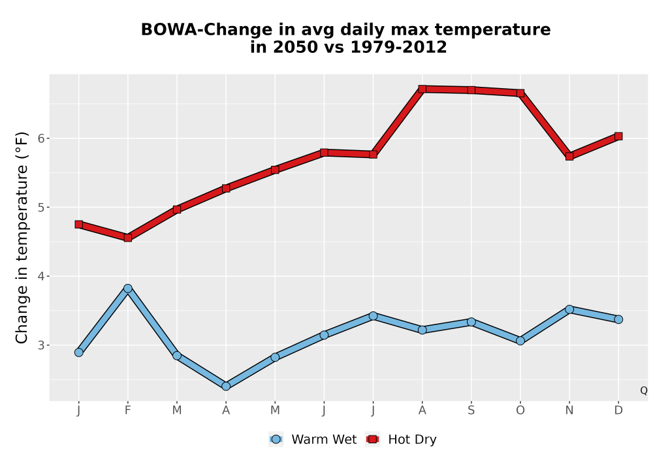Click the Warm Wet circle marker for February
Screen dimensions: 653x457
(128, 289)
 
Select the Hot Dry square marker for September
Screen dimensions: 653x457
(471, 90)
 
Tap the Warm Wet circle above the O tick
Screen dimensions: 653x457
(520, 341)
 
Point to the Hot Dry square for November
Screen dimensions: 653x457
(569, 157)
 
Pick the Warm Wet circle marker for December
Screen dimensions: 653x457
(618, 319)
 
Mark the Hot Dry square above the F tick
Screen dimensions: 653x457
(128, 238)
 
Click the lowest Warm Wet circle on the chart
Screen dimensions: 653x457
(226, 386)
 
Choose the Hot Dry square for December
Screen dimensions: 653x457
(618, 136)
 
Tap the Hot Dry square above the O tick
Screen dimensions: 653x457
(520, 93)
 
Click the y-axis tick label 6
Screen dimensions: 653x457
(40, 138)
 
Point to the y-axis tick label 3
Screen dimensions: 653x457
(40, 345)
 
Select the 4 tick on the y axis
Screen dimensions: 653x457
(40, 276)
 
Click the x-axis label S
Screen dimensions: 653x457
(471, 411)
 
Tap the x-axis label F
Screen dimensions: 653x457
(128, 411)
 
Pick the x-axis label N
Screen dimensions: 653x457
(569, 411)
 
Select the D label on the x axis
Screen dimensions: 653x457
(618, 411)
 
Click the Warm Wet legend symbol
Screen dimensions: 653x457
(276, 439)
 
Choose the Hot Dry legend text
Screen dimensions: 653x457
(412, 439)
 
